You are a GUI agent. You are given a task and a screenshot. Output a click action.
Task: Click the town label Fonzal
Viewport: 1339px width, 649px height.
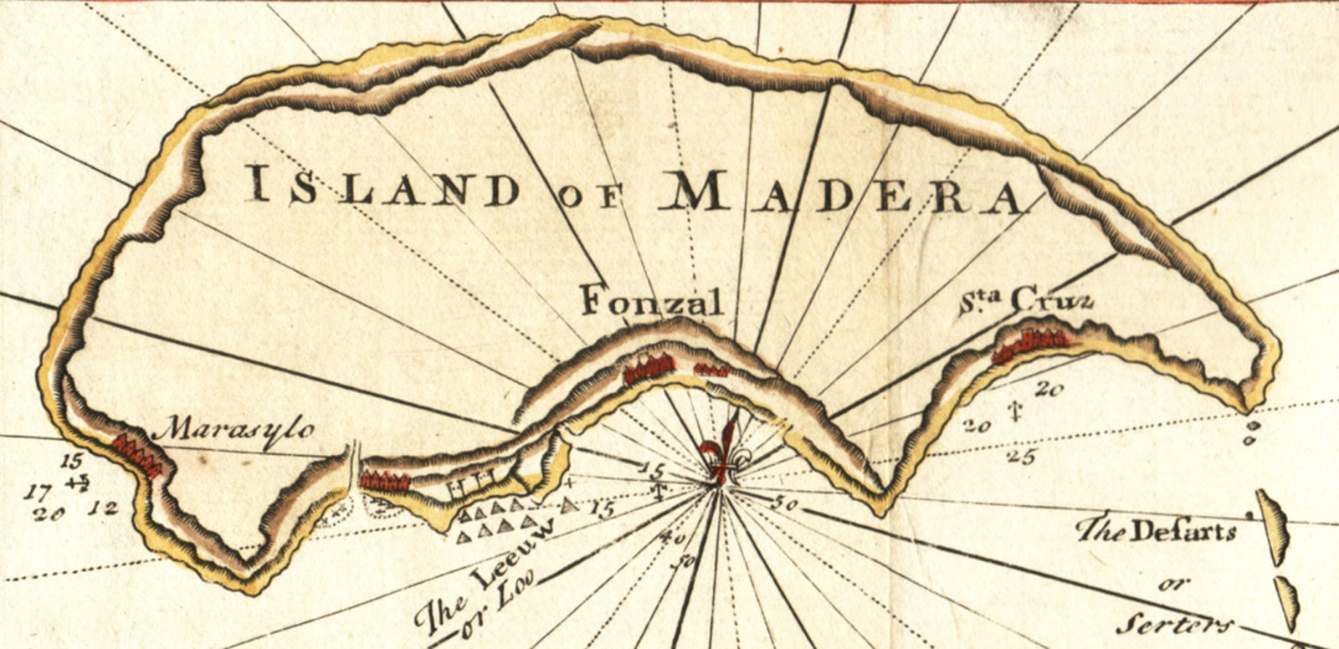[x=651, y=300]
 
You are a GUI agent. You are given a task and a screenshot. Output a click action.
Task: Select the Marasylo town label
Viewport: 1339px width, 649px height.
[x=238, y=430]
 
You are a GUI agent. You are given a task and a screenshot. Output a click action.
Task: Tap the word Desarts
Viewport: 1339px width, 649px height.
[x=1183, y=531]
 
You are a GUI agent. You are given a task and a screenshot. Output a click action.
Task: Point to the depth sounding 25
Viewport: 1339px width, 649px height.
[x=1023, y=456]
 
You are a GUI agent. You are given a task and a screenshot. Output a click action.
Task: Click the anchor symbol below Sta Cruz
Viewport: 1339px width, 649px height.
[x=1016, y=410]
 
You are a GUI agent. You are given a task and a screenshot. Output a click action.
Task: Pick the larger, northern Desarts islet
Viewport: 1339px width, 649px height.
[x=1270, y=526]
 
